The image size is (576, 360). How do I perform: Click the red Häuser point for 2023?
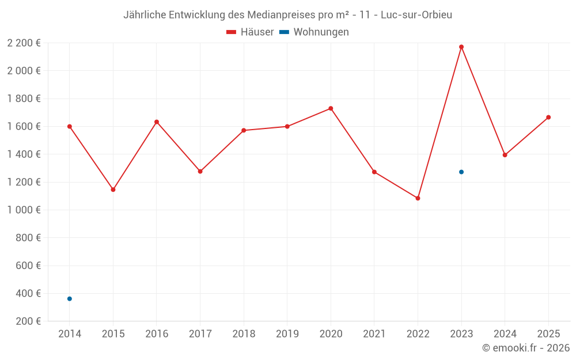click(x=461, y=47)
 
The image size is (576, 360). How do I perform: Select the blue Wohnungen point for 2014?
click(x=70, y=298)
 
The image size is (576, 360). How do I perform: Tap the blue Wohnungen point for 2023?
click(x=461, y=172)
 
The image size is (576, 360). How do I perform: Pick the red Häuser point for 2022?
click(x=418, y=198)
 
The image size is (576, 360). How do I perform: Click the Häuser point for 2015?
click(x=113, y=190)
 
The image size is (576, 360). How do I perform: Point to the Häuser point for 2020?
click(x=331, y=108)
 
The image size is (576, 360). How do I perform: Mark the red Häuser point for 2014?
click(x=70, y=126)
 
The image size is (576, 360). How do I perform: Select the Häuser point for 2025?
click(x=548, y=118)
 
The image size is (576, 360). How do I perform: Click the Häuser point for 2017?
click(x=200, y=171)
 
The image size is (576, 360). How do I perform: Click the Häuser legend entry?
click(x=250, y=32)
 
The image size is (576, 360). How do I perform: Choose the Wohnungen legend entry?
click(x=314, y=32)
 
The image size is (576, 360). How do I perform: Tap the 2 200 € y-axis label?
click(x=24, y=43)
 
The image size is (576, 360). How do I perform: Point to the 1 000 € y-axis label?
click(x=24, y=210)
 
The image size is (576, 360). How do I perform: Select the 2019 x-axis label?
click(x=287, y=334)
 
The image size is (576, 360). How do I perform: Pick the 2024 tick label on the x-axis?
click(x=505, y=334)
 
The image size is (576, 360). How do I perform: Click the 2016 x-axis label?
click(x=157, y=334)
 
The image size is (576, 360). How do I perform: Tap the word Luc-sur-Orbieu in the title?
click(x=416, y=14)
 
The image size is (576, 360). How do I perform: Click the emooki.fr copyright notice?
click(x=525, y=348)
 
